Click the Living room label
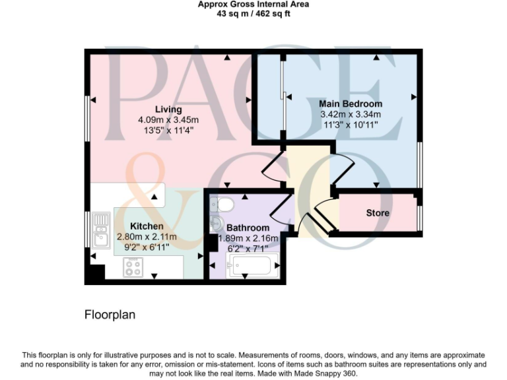pyautogui.click(x=168, y=110)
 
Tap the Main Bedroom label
pyautogui.click(x=350, y=104)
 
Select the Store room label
pyautogui.click(x=378, y=213)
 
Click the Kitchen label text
pyautogui.click(x=147, y=226)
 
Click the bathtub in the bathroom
pyautogui.click(x=249, y=267)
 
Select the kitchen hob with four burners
pyautogui.click(x=133, y=268)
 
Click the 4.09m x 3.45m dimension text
pyautogui.click(x=168, y=120)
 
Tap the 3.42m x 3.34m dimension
pyautogui.click(x=350, y=114)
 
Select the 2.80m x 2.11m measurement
pyautogui.click(x=147, y=237)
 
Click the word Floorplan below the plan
pyautogui.click(x=110, y=315)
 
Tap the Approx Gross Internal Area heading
pyautogui.click(x=253, y=5)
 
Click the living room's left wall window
pyautogui.click(x=86, y=119)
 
